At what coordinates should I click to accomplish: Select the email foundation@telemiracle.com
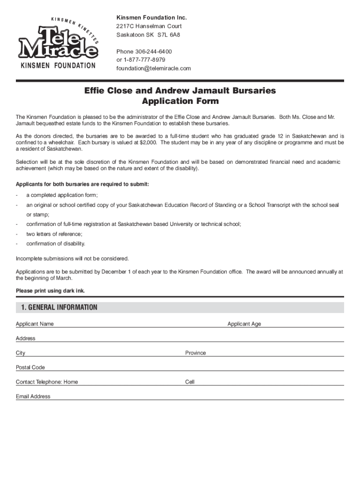pos(154,68)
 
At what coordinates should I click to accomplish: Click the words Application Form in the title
pos(180,101)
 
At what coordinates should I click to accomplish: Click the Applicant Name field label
pos(35,324)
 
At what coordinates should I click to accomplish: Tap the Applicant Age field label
pos(244,324)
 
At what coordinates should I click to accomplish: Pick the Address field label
pos(25,338)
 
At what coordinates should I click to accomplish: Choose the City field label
pos(21,353)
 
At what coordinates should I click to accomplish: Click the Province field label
pos(195,353)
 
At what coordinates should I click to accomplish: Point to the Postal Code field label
pos(30,367)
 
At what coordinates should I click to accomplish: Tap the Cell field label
pos(190,382)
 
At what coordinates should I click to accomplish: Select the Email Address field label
pos(33,396)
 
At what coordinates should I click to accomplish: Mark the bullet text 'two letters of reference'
pos(54,234)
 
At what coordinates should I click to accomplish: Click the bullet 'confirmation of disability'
pos(56,244)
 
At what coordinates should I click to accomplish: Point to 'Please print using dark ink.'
pos(50,290)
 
